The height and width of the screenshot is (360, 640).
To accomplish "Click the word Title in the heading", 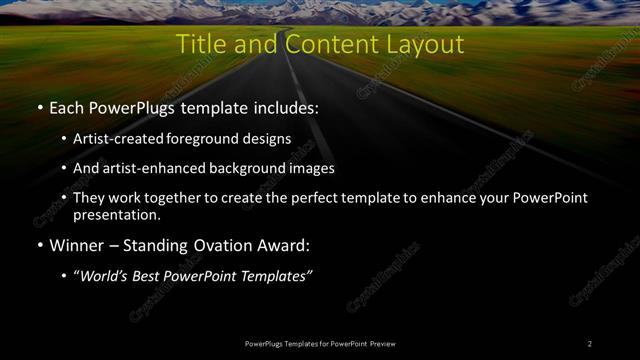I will [199, 45].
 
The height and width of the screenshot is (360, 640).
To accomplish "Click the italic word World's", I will [105, 276].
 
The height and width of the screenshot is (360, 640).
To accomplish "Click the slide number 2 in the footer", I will [590, 344].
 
